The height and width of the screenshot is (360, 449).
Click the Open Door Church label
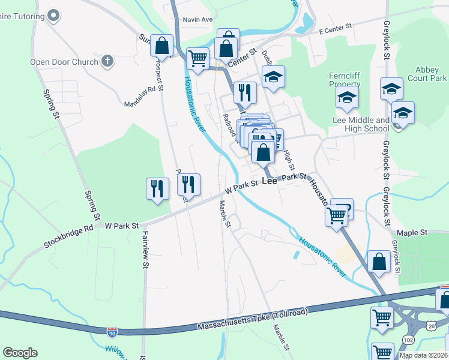(x=65, y=61)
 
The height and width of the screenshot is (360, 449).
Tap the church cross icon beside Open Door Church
(x=107, y=61)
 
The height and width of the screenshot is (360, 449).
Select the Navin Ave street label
(x=198, y=20)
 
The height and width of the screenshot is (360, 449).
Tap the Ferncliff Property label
(x=344, y=80)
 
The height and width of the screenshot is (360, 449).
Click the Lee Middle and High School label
(x=360, y=124)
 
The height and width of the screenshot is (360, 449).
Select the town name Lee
(x=270, y=180)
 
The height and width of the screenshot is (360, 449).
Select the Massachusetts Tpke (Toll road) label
(x=252, y=321)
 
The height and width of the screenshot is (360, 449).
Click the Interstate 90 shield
(x=112, y=331)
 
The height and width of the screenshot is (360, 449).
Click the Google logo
(x=20, y=353)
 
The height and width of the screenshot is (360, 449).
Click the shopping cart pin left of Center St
(x=197, y=59)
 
